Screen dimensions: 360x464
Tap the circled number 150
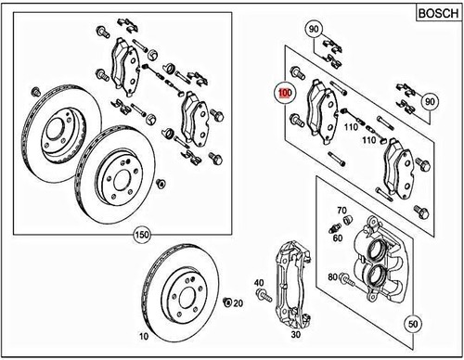(142, 234)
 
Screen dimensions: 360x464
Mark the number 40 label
(259, 284)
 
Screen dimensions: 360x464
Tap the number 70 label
(342, 211)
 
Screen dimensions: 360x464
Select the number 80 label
(331, 276)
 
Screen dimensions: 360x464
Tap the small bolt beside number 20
(226, 302)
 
